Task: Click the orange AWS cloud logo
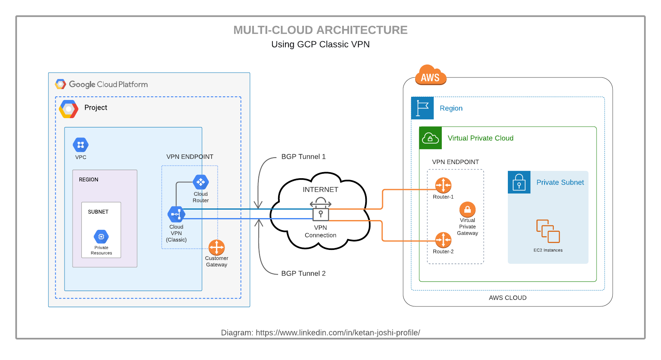(x=430, y=75)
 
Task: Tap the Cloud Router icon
(x=201, y=182)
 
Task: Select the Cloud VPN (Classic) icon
(x=176, y=214)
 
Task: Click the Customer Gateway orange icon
(x=216, y=248)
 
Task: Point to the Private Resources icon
(x=101, y=237)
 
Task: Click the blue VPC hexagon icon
(x=81, y=145)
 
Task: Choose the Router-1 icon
(x=443, y=185)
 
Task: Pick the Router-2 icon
(x=443, y=240)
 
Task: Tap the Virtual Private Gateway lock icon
(x=468, y=210)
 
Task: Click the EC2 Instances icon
(x=548, y=231)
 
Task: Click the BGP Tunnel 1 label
(x=303, y=156)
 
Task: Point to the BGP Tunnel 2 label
(x=303, y=273)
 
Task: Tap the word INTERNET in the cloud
(x=320, y=189)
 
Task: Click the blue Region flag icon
(x=422, y=108)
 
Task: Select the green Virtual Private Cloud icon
(x=430, y=138)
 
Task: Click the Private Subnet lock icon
(x=519, y=182)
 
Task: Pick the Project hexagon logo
(x=69, y=109)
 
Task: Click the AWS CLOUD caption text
(x=507, y=298)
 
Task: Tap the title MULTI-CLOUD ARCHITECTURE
(x=320, y=30)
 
